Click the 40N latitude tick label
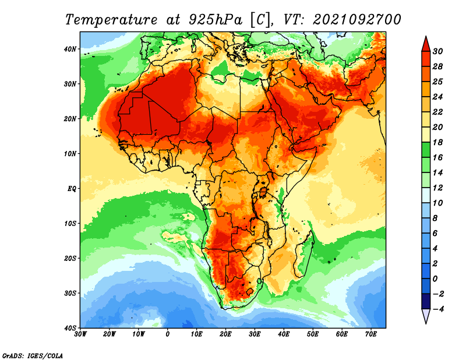[x=70, y=49]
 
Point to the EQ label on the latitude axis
[x=72, y=189]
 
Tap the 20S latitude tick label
[x=70, y=258]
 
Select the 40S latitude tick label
[x=70, y=328]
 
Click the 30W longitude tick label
[x=80, y=334]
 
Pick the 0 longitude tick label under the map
[x=168, y=334]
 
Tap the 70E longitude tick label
[x=371, y=334]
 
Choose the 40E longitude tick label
[x=284, y=334]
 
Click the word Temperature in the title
[x=111, y=20]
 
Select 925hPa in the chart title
[x=216, y=20]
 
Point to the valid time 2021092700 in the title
[x=357, y=20]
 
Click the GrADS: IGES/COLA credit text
[x=33, y=355]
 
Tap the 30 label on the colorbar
[x=437, y=51]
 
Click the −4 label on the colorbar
[x=437, y=309]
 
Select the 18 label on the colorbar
[x=437, y=142]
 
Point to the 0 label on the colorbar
[x=435, y=279]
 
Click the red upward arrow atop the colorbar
[x=426, y=44]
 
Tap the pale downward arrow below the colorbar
[x=426, y=316]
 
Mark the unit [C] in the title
[x=260, y=20]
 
